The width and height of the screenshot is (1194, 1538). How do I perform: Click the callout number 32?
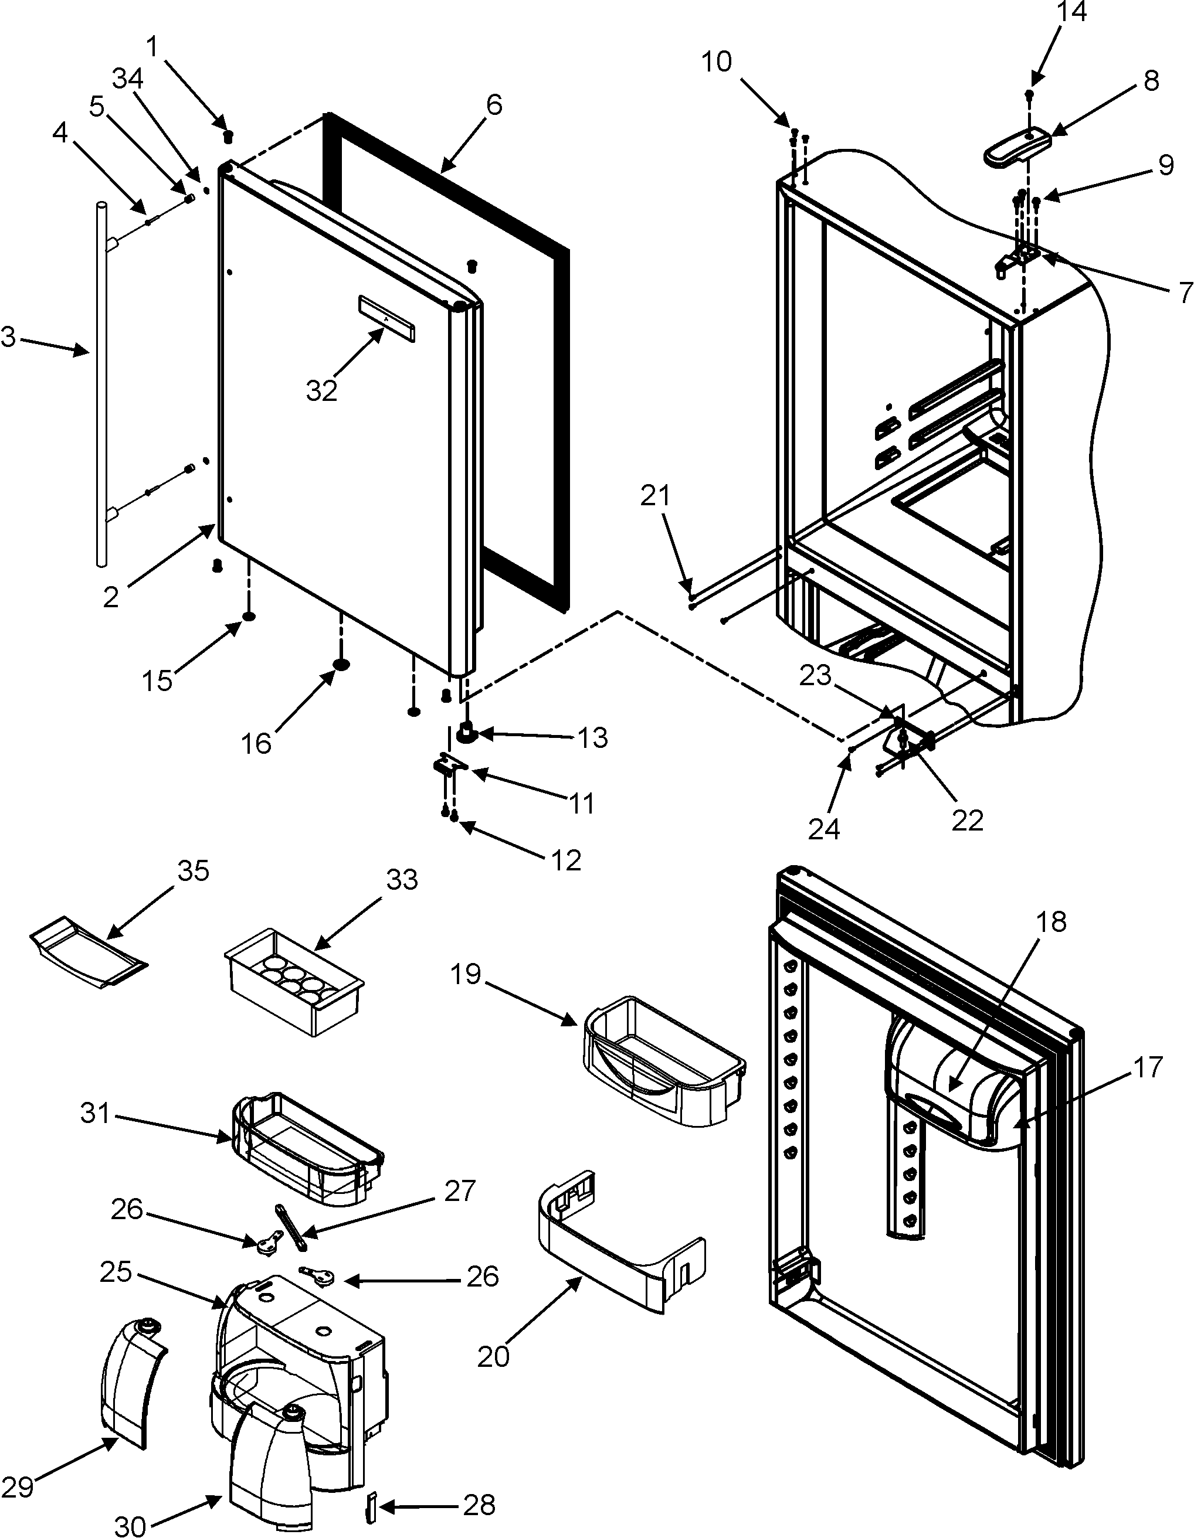[x=321, y=390]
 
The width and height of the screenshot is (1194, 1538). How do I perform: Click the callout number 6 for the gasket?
[x=494, y=106]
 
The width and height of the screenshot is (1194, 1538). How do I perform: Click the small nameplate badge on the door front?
[x=386, y=318]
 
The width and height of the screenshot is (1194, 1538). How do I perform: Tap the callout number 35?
[x=192, y=871]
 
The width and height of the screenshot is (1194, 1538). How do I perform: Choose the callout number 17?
[x=1148, y=1067]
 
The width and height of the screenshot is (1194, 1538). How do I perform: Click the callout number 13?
[x=592, y=737]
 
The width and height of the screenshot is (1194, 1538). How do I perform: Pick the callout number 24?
[x=823, y=829]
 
